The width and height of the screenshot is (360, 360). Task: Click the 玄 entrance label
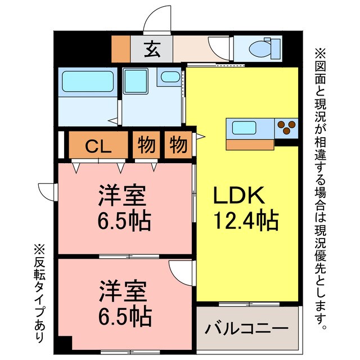tap(151, 49)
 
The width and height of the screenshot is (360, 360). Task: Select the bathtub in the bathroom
tap(87, 82)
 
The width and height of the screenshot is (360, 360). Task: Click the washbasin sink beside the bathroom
tap(168, 77)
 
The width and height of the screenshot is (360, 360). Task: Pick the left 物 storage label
tap(147, 146)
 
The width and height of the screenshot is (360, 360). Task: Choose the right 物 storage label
tap(178, 146)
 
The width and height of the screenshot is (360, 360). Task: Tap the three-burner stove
tap(287, 128)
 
